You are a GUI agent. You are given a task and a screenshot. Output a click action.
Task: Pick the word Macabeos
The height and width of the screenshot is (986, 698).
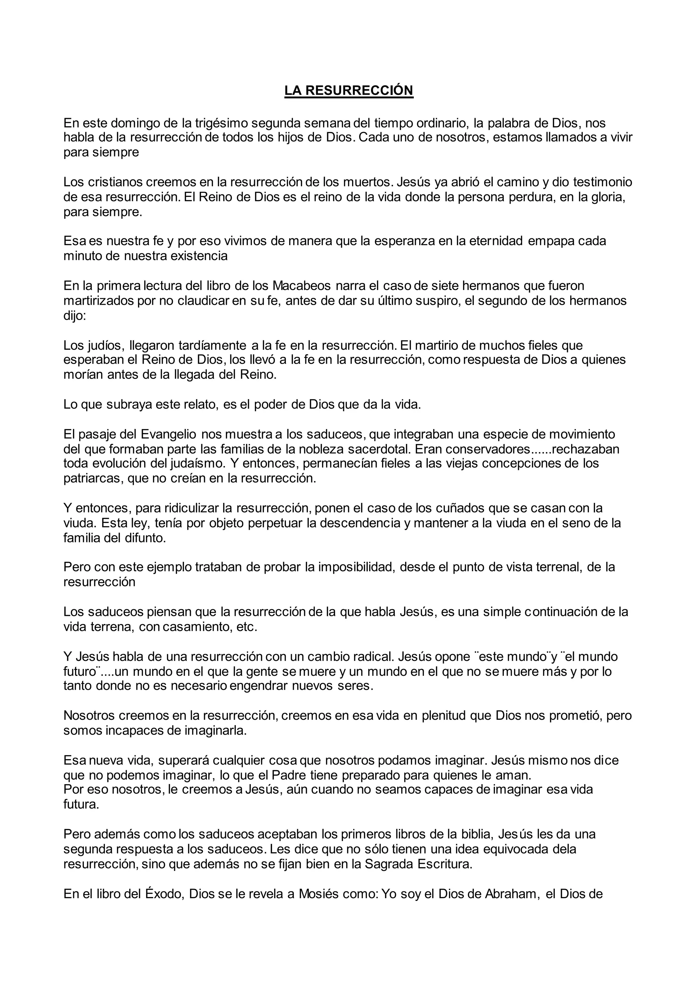point(302,286)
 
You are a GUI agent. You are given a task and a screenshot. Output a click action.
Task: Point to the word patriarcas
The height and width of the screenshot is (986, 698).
point(92,478)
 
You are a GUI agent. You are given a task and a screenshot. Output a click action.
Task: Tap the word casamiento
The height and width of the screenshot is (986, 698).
point(199,627)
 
